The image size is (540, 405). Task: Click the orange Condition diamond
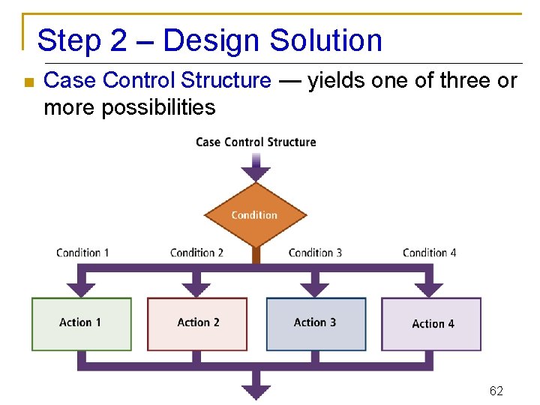click(x=255, y=215)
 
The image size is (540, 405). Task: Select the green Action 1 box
click(x=81, y=324)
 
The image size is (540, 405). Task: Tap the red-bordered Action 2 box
click(x=197, y=324)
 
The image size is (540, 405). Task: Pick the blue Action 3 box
click(x=316, y=324)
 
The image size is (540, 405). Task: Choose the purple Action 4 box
click(x=431, y=324)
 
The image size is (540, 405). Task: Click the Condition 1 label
click(x=82, y=253)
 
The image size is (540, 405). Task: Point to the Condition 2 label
click(x=196, y=253)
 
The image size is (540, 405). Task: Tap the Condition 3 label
click(x=315, y=253)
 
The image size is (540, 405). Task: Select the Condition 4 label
click(x=429, y=253)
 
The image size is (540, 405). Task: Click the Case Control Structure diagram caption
click(x=256, y=142)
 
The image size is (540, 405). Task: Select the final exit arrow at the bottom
click(x=256, y=388)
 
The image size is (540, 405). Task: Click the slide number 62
click(x=496, y=391)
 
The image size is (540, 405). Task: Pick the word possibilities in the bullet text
click(x=158, y=107)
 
